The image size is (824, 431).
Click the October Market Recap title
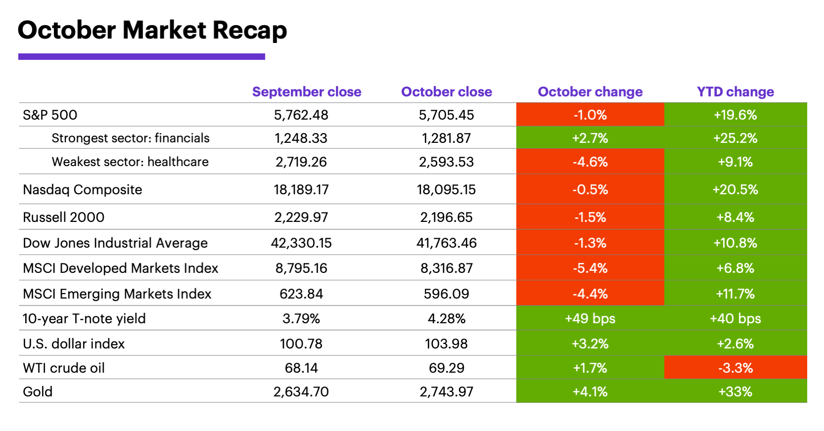tap(152, 31)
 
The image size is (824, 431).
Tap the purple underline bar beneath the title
tap(141, 57)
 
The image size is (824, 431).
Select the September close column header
tap(306, 92)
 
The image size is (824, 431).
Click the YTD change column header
tap(735, 92)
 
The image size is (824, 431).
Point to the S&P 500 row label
tap(50, 115)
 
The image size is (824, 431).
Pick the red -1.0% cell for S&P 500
tap(590, 115)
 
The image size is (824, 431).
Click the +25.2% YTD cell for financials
tap(735, 138)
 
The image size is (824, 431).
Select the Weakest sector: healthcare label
tap(130, 162)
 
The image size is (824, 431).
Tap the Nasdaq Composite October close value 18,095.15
tap(446, 190)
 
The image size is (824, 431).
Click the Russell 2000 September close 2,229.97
tap(301, 217)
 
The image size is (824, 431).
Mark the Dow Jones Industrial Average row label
tap(115, 243)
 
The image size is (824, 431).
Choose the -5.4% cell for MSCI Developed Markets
tap(590, 268)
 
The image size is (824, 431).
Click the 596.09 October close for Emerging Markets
tap(446, 294)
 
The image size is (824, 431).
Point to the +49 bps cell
tap(590, 319)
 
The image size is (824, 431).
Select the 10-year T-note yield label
tap(84, 319)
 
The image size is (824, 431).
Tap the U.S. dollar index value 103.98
tap(446, 344)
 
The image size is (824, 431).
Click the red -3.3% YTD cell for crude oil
tap(735, 368)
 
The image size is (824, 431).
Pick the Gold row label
tap(38, 392)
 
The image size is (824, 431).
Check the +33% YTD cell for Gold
tap(735, 392)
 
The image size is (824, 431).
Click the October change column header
tap(590, 92)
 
